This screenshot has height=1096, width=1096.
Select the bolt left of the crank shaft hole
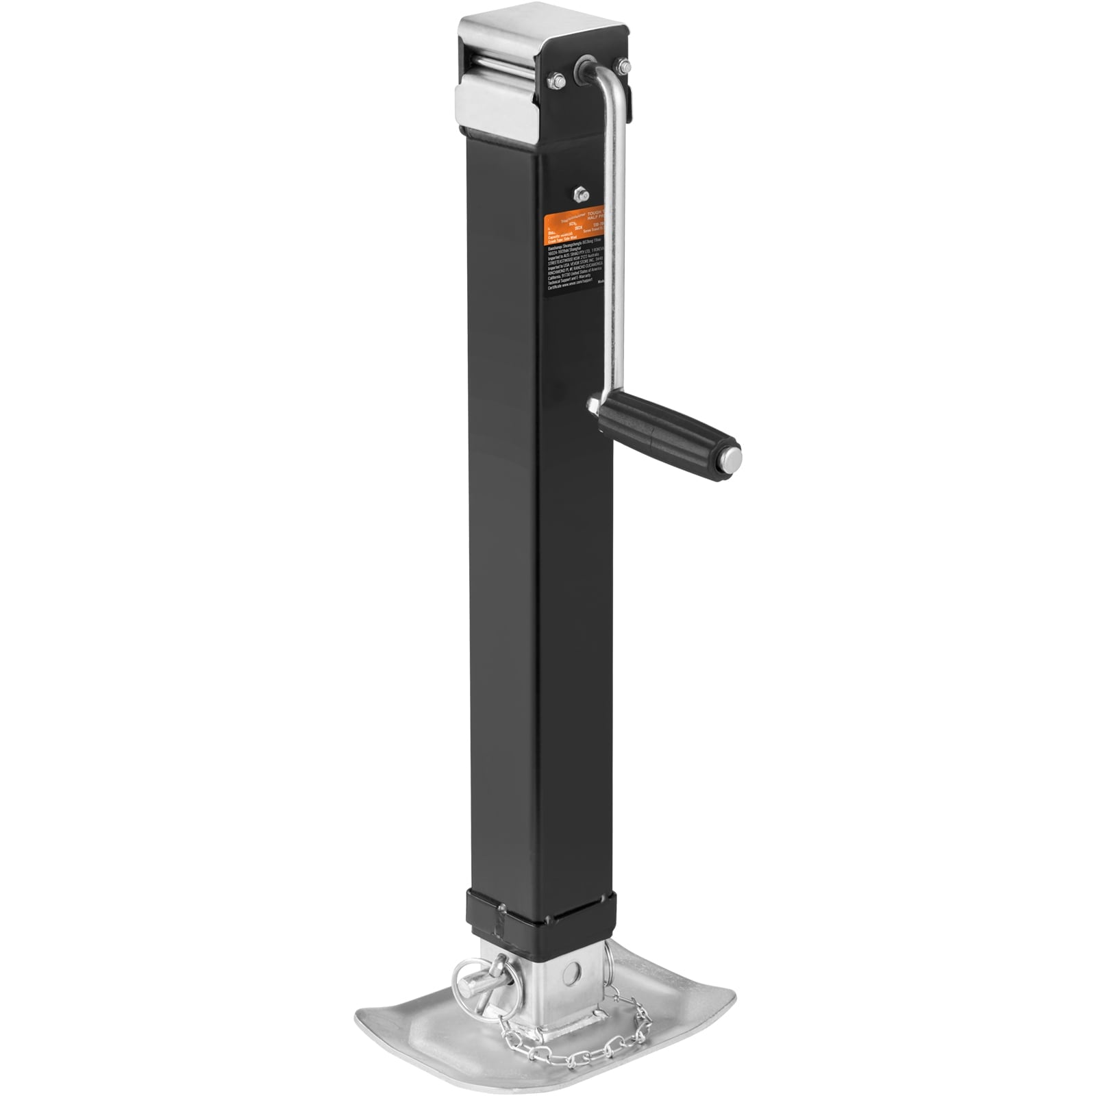tap(555, 81)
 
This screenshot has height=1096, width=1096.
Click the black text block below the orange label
tap(572, 267)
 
